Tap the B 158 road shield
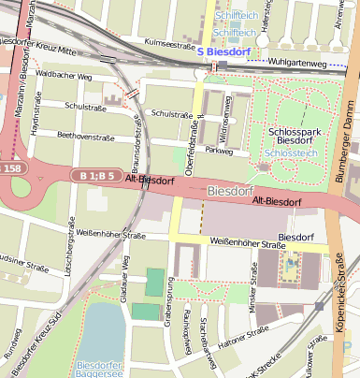pos(8,168)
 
